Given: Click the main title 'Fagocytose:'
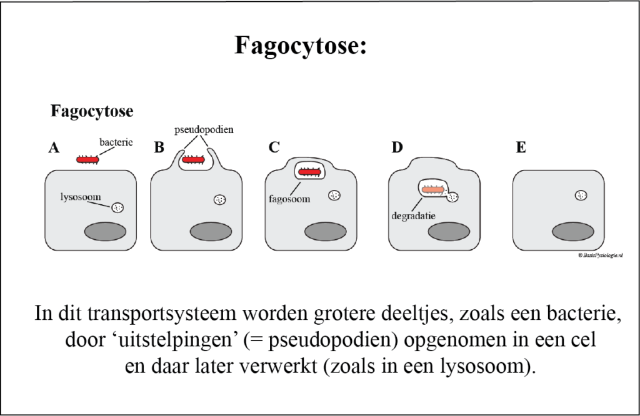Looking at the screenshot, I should pos(301,46).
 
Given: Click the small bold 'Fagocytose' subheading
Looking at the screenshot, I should pos(91,112).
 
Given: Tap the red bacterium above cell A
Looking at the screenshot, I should pos(88,160).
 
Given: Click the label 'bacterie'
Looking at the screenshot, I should pos(116,142).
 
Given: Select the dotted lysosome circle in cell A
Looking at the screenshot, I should pos(117,207).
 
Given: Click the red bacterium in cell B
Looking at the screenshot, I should pos(193,161).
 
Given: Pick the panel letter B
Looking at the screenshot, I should pos(159,148).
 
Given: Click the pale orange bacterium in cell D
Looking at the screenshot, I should pos(432,189).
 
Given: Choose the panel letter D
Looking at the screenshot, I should pos(397,148).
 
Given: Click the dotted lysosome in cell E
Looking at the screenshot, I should pos(581,196).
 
